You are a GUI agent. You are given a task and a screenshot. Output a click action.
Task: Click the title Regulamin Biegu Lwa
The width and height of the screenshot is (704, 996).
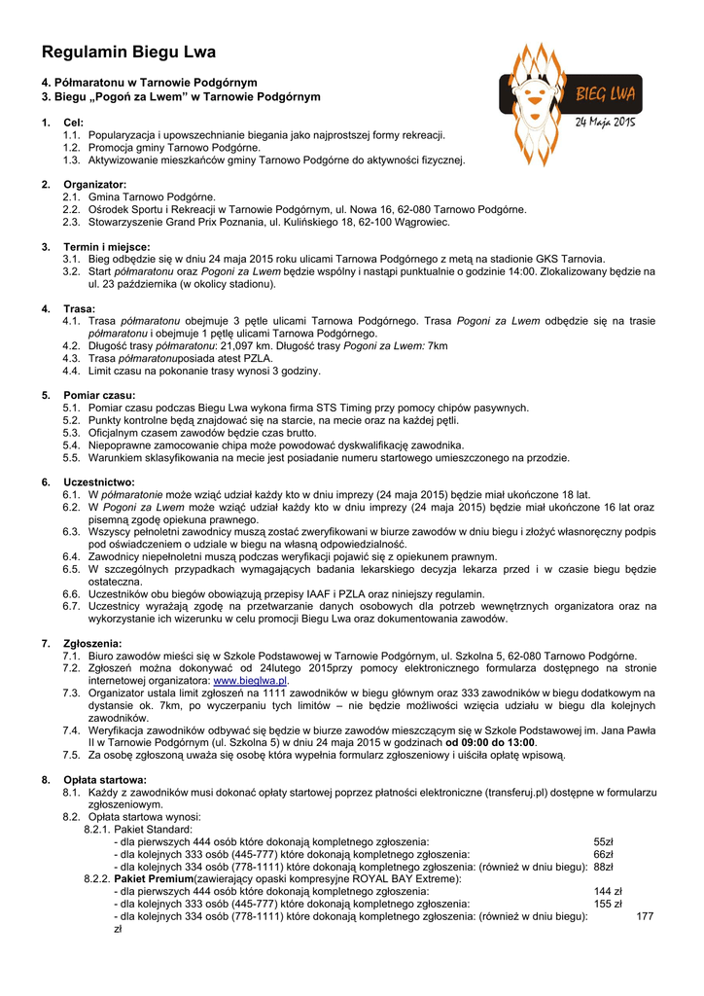point(128,53)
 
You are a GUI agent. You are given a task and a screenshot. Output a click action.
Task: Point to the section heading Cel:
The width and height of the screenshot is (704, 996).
point(74,123)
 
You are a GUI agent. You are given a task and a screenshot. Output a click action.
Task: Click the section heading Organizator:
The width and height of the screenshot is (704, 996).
point(95,184)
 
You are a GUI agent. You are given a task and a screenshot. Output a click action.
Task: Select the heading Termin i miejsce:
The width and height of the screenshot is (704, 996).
point(107,246)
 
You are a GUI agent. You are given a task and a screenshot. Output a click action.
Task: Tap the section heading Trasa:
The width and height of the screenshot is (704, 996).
point(79,308)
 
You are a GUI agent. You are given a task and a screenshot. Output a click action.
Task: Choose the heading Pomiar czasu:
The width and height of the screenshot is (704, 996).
point(100,395)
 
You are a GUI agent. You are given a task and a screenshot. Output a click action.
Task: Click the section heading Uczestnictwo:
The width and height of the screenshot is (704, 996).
point(99,481)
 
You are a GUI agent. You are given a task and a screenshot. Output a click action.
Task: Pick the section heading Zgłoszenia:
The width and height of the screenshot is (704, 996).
point(93,643)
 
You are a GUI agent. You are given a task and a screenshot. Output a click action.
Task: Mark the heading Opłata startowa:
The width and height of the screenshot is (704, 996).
point(105,779)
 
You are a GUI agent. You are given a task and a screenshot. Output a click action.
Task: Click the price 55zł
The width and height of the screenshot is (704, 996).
point(603,841)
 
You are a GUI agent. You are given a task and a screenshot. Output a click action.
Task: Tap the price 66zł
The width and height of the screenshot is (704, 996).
point(603,854)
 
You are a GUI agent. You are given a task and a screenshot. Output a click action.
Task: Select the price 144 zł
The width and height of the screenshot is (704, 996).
point(608,891)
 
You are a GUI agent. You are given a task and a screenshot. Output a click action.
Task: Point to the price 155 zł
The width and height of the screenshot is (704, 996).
point(608,904)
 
